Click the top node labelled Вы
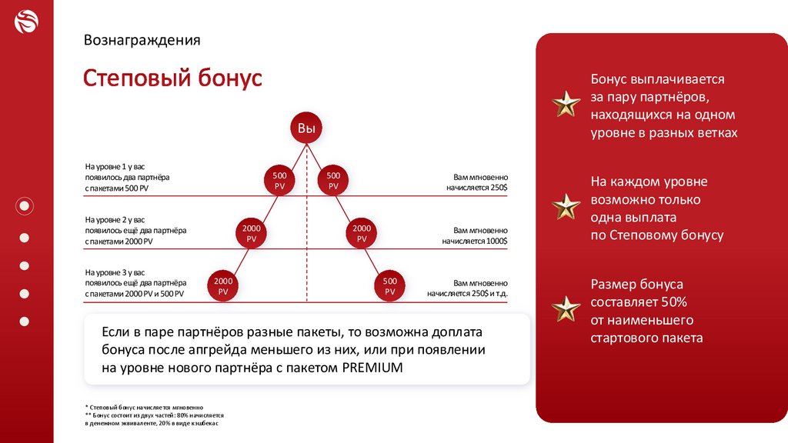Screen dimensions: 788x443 (306, 128)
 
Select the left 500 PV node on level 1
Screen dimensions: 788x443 (279, 181)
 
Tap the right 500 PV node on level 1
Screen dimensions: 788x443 (333, 181)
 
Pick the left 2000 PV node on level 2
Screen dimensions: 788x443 (252, 234)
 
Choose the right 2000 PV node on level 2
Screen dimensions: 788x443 (362, 234)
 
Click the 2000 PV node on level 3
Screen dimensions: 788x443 (223, 286)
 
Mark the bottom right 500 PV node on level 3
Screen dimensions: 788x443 (389, 286)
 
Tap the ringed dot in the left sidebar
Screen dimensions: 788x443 (25, 205)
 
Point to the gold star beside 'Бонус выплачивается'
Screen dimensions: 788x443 (566, 104)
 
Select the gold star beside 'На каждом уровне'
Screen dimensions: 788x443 (566, 206)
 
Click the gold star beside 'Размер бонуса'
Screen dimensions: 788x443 (566, 308)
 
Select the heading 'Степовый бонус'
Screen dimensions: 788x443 (173, 78)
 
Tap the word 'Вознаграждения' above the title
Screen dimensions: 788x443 (142, 40)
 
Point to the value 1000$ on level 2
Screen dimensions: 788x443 (496, 241)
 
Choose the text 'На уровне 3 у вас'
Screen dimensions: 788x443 (115, 272)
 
